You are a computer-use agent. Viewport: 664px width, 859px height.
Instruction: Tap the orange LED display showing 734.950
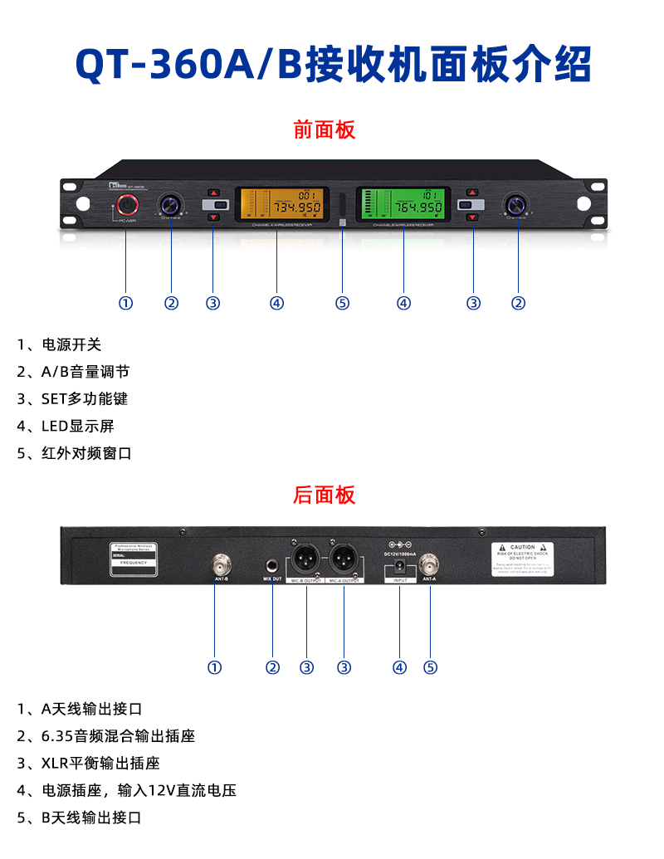pos(276,204)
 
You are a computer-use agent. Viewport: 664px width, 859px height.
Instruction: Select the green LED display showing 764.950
pos(403,204)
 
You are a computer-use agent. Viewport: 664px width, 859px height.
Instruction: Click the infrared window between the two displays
pos(342,205)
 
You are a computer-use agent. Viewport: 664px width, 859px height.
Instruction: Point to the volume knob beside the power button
pos(172,204)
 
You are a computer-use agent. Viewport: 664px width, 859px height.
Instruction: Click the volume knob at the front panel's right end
pos(518,204)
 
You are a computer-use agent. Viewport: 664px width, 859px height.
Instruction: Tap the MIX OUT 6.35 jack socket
pos(272,562)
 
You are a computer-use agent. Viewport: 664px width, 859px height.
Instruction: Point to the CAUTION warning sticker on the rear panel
pos(522,559)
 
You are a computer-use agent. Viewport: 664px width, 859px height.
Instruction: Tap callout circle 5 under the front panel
pos(342,303)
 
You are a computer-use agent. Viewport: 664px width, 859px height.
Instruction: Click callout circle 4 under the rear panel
pos(400,667)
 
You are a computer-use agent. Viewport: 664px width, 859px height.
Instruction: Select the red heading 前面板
pos(324,129)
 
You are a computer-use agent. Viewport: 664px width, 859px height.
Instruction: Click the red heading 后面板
pos(324,495)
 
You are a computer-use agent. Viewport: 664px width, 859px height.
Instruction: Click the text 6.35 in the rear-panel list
pos(56,735)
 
